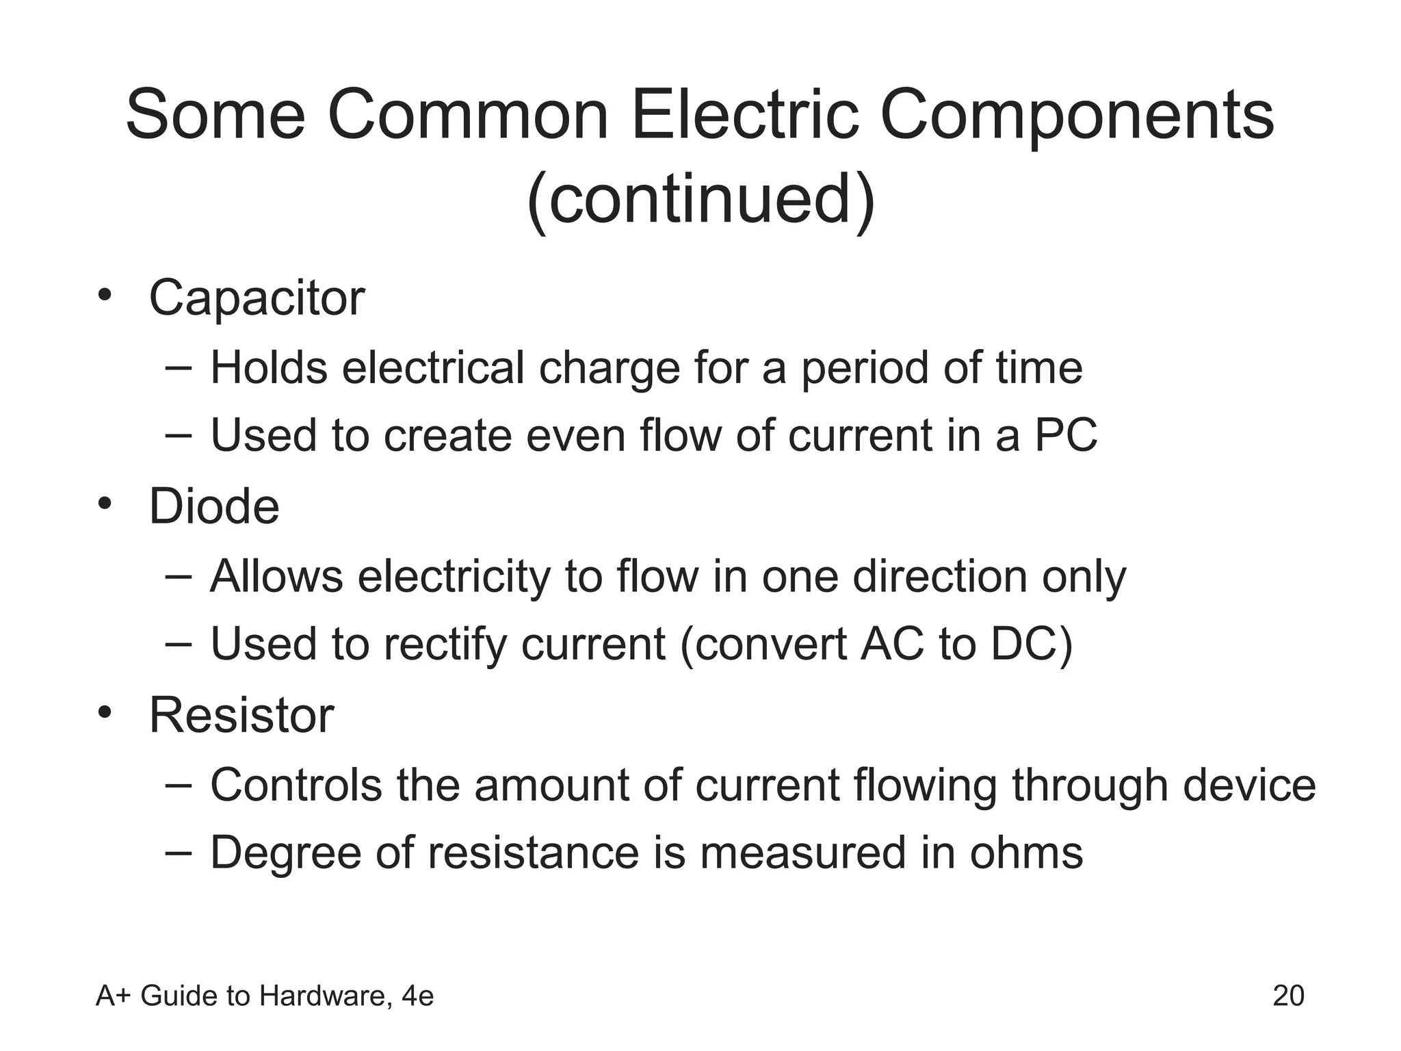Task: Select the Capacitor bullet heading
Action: coord(257,298)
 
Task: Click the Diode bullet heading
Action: coord(214,507)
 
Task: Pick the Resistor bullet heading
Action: coord(241,716)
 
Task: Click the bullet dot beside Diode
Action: coord(104,504)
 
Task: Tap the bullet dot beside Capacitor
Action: coord(104,296)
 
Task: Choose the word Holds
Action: coord(269,368)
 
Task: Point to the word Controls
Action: coord(296,785)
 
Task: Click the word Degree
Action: coord(285,854)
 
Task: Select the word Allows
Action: coord(276,576)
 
